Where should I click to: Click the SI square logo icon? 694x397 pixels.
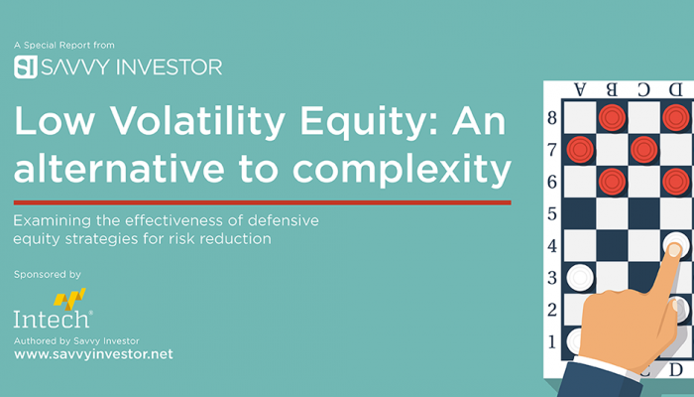point(25,66)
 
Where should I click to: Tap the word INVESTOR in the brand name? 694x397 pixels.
point(170,66)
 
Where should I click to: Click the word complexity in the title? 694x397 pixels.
point(402,170)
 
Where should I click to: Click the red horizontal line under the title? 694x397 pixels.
point(263,202)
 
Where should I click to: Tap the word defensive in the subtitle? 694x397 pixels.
point(284,220)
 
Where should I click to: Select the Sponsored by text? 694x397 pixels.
point(48,275)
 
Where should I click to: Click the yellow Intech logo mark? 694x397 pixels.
point(69,299)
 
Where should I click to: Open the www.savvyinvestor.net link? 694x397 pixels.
point(93,354)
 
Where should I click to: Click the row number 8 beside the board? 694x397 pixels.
point(552,118)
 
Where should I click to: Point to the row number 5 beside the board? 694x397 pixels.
point(552,214)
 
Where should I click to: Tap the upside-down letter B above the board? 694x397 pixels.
point(612,90)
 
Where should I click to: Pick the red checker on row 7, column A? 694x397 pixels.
point(580,150)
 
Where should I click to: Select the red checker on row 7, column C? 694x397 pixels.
point(644,150)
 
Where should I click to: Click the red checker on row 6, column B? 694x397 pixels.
point(612,182)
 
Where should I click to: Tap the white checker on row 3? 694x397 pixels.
point(580,278)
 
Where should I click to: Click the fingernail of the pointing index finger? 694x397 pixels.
point(674,250)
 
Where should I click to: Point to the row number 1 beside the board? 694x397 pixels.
point(552,342)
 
